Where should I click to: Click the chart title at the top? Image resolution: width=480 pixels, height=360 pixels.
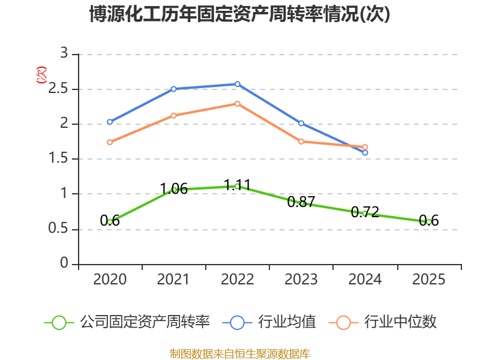(x=240, y=14)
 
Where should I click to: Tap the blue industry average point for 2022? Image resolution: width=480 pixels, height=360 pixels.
(x=238, y=84)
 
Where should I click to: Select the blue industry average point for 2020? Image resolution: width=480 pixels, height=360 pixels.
(x=110, y=122)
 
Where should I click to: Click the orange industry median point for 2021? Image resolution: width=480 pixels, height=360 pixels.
(x=173, y=115)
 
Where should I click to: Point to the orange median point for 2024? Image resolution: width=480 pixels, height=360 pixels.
(x=365, y=147)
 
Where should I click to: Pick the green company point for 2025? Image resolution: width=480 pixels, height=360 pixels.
(x=429, y=222)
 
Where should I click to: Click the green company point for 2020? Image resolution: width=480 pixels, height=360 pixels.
(x=110, y=222)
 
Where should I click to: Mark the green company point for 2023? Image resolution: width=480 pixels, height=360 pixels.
(x=301, y=203)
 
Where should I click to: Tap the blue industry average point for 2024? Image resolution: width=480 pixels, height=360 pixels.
(x=365, y=152)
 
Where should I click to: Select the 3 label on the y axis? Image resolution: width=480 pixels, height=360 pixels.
(x=64, y=54)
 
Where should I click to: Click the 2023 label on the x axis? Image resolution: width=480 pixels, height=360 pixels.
(x=301, y=280)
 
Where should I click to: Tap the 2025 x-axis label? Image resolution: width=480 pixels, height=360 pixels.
(x=429, y=280)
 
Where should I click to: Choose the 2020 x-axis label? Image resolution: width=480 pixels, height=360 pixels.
(x=110, y=280)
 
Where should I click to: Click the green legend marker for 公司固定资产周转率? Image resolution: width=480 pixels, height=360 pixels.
(x=59, y=322)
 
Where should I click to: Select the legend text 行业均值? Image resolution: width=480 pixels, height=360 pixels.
(x=287, y=322)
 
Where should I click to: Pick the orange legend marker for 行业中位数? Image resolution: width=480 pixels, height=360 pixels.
(x=343, y=322)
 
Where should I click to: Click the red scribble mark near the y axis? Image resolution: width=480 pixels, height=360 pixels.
(x=41, y=74)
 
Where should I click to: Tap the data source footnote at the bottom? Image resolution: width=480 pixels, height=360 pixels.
(x=240, y=353)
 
